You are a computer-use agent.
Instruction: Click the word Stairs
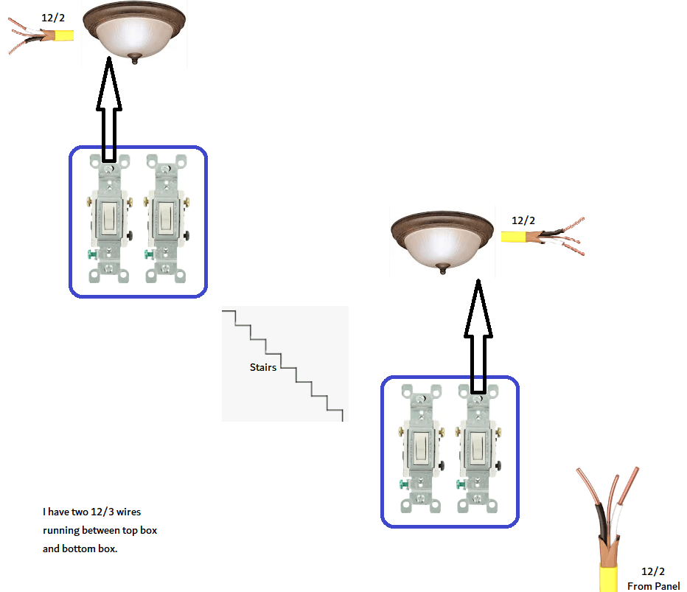click(263, 367)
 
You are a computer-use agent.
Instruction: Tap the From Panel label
click(653, 586)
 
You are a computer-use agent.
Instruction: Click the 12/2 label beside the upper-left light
click(53, 18)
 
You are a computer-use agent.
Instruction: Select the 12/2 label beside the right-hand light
click(523, 220)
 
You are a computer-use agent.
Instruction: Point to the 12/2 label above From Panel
click(653, 571)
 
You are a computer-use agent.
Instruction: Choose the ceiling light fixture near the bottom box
click(442, 242)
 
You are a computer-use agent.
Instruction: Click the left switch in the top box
click(109, 219)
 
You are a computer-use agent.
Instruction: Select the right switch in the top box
click(166, 219)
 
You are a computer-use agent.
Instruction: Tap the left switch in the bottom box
click(421, 449)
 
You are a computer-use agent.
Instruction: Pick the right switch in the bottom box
click(478, 449)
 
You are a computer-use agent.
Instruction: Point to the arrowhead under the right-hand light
click(478, 308)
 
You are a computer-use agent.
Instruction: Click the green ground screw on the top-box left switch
click(91, 254)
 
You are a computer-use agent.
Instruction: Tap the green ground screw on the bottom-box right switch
click(460, 484)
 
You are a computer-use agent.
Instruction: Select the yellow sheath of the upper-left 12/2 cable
click(63, 35)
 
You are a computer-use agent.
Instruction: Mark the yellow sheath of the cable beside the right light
click(513, 237)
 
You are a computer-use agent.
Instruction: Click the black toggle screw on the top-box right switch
click(186, 236)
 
